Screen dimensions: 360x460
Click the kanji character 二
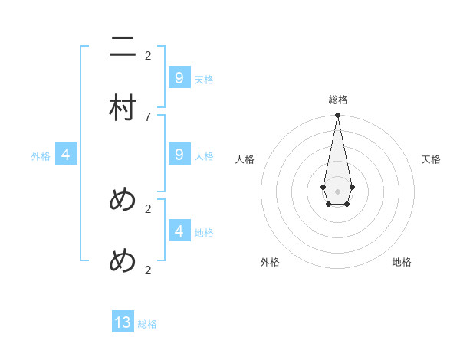(123, 47)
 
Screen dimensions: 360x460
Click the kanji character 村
(123, 108)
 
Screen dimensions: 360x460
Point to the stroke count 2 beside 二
(148, 55)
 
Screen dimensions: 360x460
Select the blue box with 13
(123, 322)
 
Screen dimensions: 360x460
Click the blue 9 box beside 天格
(179, 78)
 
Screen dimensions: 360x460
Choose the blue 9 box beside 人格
(179, 155)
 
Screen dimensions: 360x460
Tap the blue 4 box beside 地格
(179, 231)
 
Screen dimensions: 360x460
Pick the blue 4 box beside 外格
(66, 155)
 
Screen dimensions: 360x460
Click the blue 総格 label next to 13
(147, 324)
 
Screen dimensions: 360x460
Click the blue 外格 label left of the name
(41, 156)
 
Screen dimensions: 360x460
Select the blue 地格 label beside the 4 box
(204, 232)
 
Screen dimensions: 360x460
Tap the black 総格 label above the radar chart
(337, 100)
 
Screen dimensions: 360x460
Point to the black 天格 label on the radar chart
(431, 159)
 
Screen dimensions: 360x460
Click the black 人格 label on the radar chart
(245, 159)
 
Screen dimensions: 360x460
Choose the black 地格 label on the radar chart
(402, 262)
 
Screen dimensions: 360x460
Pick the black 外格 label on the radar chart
(270, 262)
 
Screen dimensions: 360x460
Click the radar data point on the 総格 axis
(337, 115)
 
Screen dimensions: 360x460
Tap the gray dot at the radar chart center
(337, 191)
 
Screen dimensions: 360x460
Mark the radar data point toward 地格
(347, 204)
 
